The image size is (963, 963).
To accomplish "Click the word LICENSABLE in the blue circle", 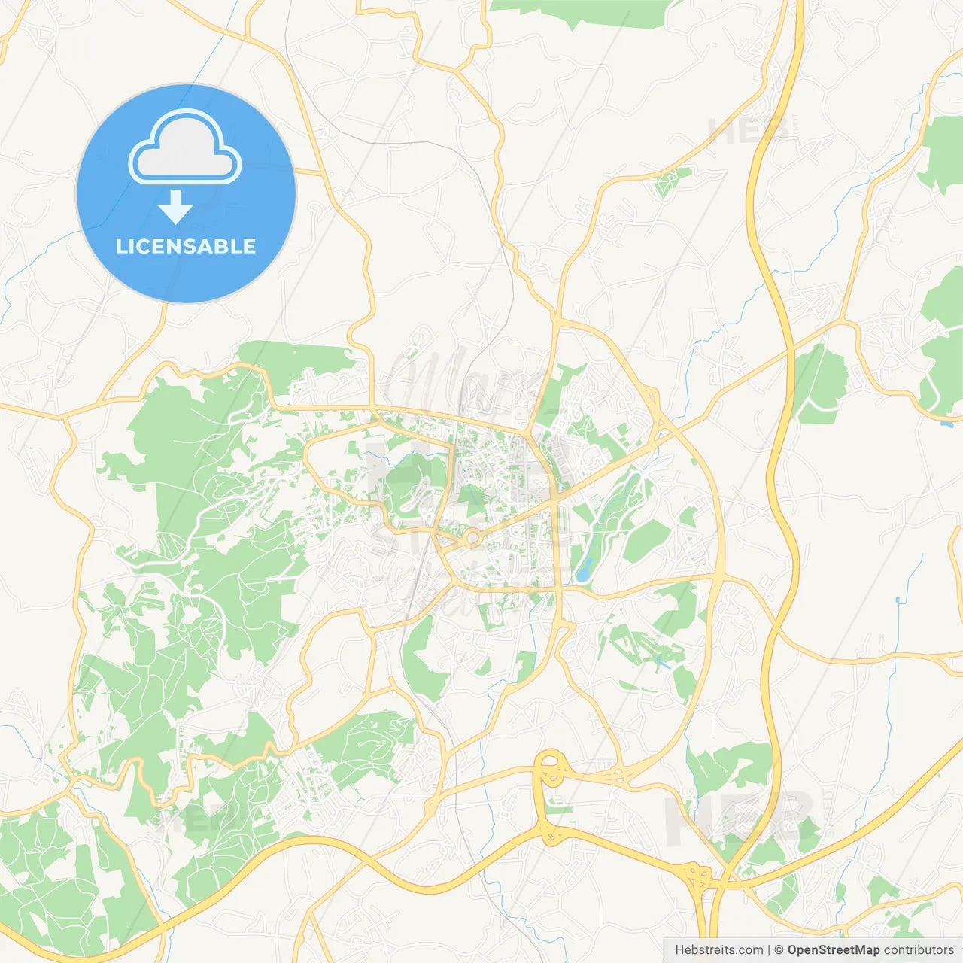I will (x=186, y=247).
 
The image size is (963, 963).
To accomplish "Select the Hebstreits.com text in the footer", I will (x=718, y=950).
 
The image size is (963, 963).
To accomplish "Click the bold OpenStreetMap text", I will (x=833, y=950).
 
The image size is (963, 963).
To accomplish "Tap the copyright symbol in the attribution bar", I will (x=779, y=950).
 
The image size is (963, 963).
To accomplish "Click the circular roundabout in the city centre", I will (x=472, y=538).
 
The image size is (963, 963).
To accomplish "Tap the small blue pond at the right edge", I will (x=946, y=424).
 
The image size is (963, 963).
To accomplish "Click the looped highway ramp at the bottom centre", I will (x=551, y=769).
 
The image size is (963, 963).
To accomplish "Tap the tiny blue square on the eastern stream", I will (x=897, y=600).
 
